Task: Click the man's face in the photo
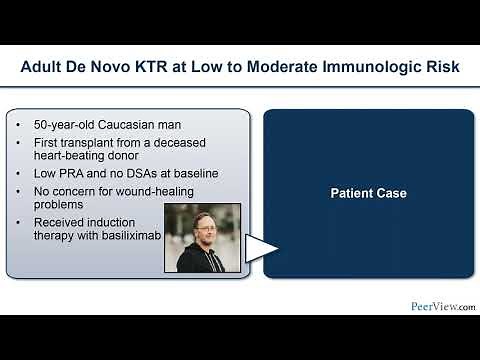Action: click(201, 231)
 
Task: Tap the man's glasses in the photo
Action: click(201, 229)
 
